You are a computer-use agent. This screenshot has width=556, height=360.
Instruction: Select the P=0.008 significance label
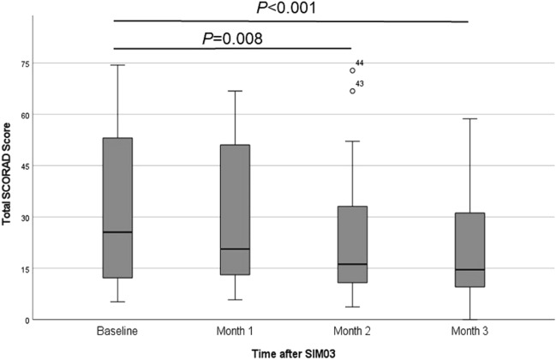tap(232, 38)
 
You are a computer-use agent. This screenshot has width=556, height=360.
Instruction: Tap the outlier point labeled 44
tap(352, 70)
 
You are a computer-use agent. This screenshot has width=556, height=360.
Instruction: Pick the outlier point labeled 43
tap(352, 90)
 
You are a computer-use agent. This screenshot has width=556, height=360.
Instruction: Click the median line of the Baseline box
tap(117, 232)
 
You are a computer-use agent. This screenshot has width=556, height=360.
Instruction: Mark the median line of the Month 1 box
tap(235, 249)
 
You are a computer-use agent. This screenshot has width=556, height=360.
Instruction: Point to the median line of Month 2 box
tap(352, 264)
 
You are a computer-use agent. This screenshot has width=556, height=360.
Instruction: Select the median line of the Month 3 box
tap(469, 269)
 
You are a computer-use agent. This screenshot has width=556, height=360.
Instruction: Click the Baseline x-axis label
tap(117, 331)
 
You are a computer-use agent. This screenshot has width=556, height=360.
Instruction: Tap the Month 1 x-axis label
tap(235, 331)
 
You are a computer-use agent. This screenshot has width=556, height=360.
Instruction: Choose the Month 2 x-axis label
tap(352, 331)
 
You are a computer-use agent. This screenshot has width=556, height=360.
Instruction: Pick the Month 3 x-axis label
tap(469, 331)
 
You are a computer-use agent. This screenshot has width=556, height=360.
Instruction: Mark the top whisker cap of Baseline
tap(117, 65)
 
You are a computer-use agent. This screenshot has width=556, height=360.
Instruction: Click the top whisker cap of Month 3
tap(469, 118)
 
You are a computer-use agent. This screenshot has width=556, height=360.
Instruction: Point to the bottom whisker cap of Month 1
tap(235, 300)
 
